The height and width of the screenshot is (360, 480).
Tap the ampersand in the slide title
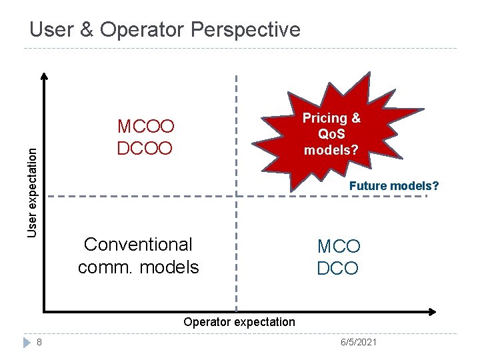[x=95, y=30]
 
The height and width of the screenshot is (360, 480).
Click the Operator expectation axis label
[x=239, y=322]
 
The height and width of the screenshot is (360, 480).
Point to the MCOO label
[x=145, y=127]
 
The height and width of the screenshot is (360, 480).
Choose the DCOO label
[x=145, y=147]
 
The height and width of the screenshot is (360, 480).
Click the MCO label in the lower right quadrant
[x=339, y=247]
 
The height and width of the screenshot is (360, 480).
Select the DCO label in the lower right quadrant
[x=337, y=269]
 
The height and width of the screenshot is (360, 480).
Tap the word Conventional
[x=138, y=245]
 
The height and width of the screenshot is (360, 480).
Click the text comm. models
[x=138, y=267]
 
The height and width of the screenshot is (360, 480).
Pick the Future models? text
[x=393, y=186]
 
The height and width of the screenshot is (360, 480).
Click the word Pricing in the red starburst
[x=331, y=119]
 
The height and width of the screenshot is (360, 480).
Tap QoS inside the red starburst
[x=331, y=134]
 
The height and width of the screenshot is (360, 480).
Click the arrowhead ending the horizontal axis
[x=432, y=311]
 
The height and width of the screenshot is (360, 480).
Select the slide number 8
[x=40, y=342]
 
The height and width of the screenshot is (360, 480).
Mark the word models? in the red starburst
[x=331, y=150]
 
